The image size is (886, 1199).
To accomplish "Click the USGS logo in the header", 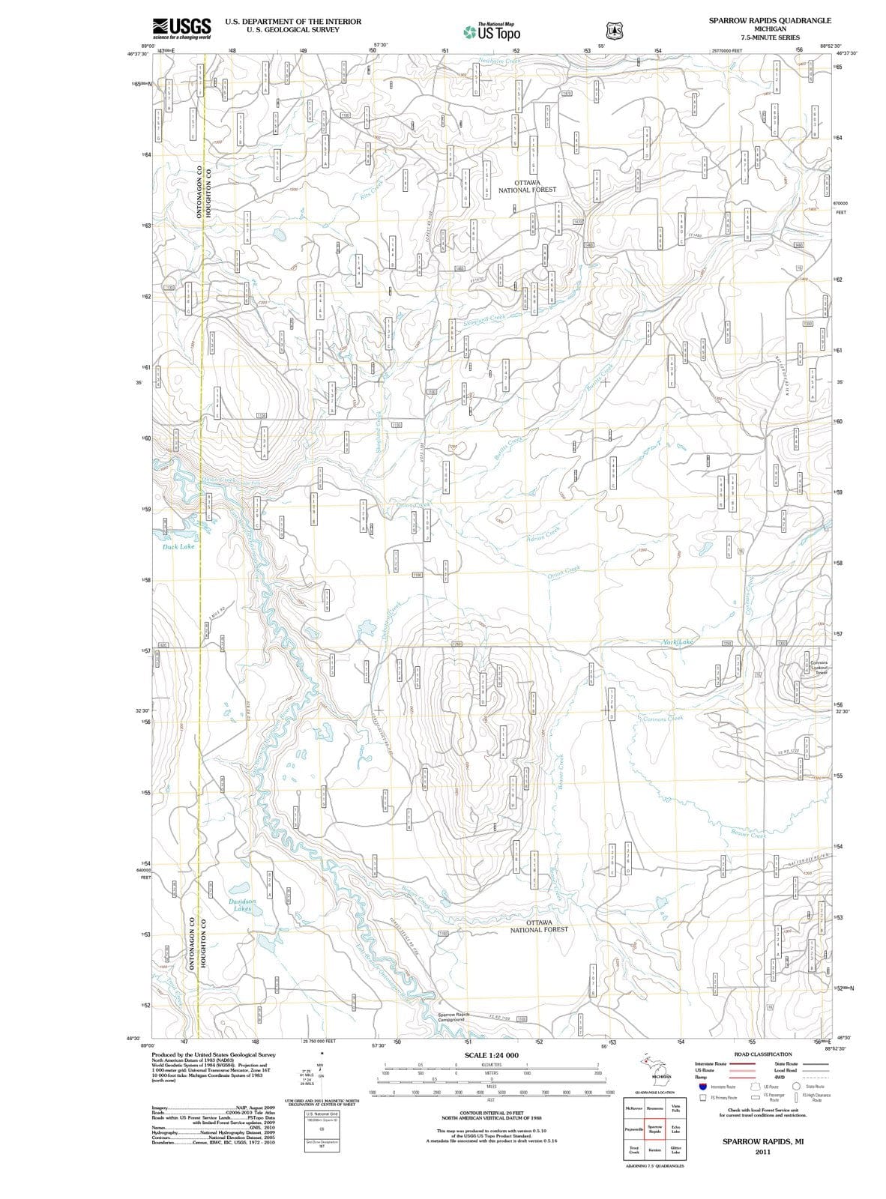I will pos(181,28).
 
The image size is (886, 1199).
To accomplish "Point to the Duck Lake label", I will pos(178,547).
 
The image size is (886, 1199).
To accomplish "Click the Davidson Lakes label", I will pos(242,904).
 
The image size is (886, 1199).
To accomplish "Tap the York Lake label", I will pos(678,642).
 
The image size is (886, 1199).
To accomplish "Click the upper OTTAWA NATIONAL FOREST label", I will pos(527,186).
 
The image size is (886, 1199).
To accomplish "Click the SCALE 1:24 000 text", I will pos(492,1055).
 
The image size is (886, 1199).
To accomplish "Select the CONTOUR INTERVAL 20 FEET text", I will pos(492,1114).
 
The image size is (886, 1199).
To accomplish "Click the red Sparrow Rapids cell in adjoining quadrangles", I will pos(654,1129).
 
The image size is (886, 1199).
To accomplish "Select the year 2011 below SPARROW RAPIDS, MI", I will pos(763,1151).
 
